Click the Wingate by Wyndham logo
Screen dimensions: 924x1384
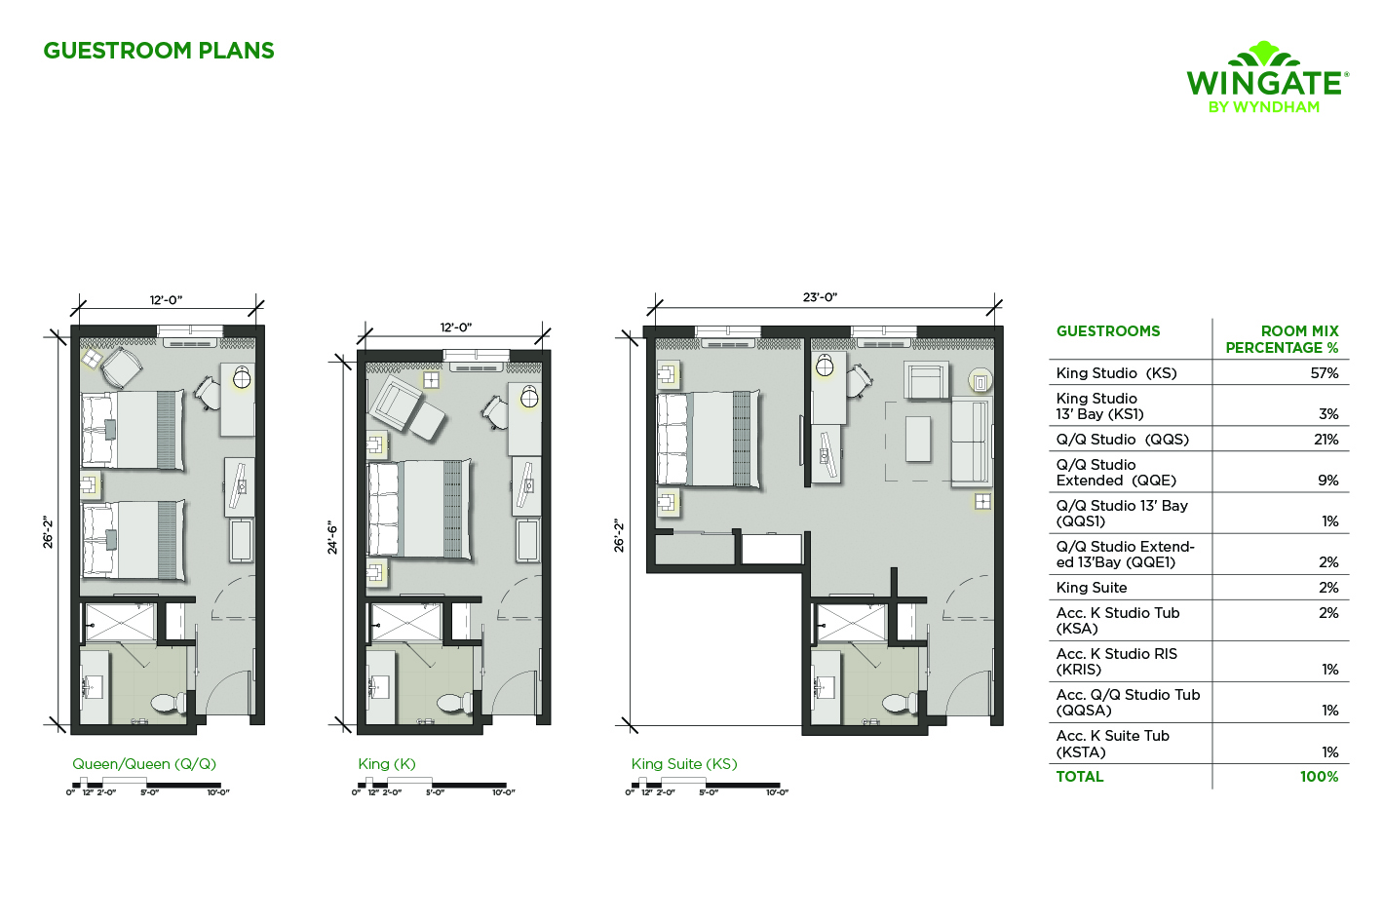point(1266,79)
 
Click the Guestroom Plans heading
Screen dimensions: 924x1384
point(159,51)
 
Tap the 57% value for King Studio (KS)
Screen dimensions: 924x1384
point(1324,373)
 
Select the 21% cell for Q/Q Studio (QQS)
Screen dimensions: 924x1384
point(1326,440)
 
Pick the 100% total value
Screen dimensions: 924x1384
point(1319,777)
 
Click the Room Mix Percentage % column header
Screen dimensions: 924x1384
point(1282,339)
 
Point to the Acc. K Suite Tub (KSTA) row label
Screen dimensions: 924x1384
point(1112,744)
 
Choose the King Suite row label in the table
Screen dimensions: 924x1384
point(1092,588)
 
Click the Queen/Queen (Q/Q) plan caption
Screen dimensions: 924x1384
point(144,764)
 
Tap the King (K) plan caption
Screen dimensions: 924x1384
point(387,764)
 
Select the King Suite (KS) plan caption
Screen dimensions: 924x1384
point(684,764)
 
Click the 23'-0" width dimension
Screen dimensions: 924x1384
point(820,297)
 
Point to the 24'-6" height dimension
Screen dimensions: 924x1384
point(332,537)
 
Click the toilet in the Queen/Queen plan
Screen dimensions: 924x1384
point(169,702)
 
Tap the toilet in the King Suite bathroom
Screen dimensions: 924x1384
point(899,702)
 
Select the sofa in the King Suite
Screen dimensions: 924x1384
point(971,441)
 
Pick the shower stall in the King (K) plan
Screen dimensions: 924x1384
point(404,622)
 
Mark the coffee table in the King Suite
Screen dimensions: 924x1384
point(918,439)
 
